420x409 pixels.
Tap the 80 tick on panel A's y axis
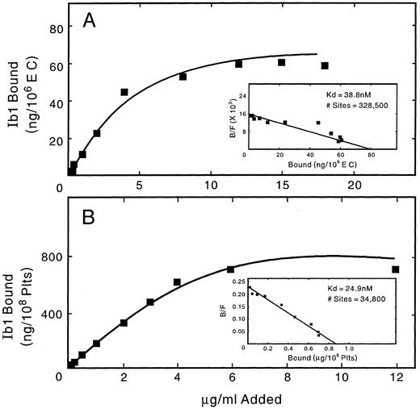click(54, 29)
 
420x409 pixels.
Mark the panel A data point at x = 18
click(325, 66)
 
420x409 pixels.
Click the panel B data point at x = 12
click(395, 269)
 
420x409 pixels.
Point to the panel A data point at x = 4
click(124, 92)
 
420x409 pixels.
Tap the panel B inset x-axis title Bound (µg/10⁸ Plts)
click(304, 356)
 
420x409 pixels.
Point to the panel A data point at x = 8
click(183, 77)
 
